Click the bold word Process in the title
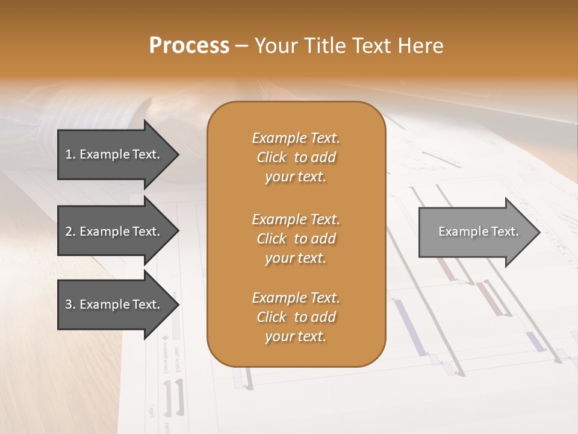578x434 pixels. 189,46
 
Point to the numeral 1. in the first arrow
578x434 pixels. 70,154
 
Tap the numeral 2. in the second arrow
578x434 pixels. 70,231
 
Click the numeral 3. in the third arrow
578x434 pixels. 70,304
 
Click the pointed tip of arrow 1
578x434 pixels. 176,154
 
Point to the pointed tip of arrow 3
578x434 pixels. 176,304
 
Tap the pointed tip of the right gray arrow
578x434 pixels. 538,231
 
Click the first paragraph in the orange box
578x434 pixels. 296,157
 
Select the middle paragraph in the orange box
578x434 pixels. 296,239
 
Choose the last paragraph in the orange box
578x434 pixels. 296,317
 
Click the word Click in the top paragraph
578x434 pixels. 272,157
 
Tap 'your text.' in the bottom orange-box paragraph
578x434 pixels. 296,336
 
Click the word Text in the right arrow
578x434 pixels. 505,231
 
